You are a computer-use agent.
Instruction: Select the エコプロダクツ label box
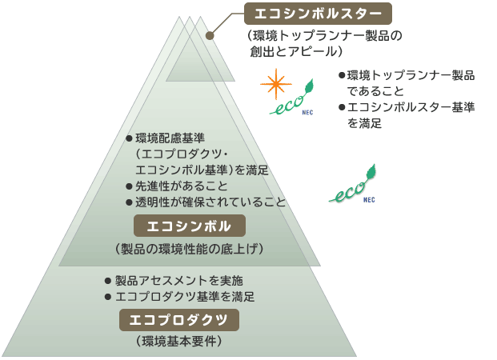tap(179, 320)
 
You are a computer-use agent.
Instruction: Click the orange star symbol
tap(276, 82)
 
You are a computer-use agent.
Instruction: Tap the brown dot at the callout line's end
tap(210, 35)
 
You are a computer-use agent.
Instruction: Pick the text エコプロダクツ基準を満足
tap(185, 296)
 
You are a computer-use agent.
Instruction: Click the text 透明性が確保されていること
tap(210, 202)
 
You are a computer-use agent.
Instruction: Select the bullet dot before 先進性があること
tap(129, 186)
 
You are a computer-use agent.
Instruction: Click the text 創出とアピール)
tap(295, 51)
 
